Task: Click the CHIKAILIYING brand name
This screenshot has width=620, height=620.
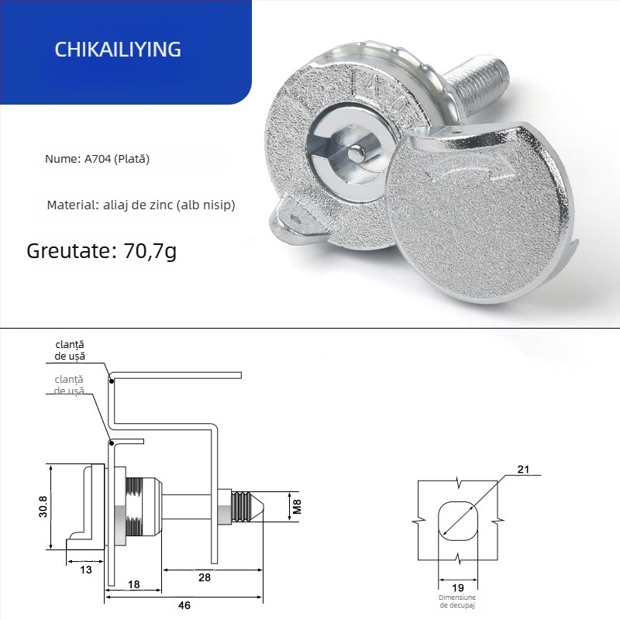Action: (118, 50)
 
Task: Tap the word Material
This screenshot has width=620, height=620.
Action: (70, 205)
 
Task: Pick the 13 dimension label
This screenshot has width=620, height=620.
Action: (85, 570)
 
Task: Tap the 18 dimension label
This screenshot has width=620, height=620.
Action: (133, 585)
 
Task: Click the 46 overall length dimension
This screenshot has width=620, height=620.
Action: (184, 605)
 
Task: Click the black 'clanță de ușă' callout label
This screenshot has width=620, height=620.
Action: (70, 350)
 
